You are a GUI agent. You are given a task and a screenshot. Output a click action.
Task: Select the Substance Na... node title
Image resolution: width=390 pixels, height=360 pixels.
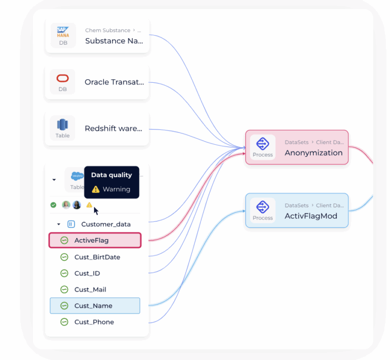(114, 41)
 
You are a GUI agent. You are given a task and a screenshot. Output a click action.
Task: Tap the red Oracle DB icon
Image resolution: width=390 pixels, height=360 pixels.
(62, 78)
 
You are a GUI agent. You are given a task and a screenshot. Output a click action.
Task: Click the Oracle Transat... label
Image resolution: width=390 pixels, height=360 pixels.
(114, 82)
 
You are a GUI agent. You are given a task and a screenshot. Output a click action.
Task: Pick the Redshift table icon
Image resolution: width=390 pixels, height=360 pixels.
(62, 125)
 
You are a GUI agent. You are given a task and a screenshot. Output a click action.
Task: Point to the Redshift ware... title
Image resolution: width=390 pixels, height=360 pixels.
(113, 128)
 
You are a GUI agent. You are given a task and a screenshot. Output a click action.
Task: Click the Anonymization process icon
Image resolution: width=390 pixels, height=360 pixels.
(263, 144)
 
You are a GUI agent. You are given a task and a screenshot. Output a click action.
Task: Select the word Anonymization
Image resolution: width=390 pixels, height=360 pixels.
(313, 152)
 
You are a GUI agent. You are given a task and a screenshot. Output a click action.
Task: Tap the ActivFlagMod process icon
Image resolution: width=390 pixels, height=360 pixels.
(263, 207)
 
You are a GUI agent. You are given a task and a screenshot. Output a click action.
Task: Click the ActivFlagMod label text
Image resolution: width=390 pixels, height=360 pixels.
(311, 216)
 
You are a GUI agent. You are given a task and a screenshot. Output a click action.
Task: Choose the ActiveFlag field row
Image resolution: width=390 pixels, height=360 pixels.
(94, 240)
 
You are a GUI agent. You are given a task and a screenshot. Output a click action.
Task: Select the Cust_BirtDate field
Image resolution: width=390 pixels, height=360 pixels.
(97, 257)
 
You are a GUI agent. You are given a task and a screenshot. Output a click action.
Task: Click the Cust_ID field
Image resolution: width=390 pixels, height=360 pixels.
(87, 273)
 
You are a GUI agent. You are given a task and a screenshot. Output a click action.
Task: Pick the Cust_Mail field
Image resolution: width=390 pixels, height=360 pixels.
(90, 289)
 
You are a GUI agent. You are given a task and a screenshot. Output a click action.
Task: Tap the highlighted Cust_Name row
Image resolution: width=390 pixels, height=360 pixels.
(94, 306)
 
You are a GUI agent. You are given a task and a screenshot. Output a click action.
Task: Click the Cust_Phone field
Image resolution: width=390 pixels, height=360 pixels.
(94, 322)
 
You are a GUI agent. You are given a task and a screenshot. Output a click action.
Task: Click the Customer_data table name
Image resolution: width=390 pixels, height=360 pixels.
(106, 224)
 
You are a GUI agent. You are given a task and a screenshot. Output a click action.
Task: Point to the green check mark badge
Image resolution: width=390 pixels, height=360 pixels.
(53, 205)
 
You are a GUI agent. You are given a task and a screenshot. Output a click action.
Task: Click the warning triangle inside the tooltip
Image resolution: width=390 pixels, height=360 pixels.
(95, 189)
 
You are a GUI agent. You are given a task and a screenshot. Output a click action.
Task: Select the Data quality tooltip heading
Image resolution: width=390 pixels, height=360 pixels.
(111, 175)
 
